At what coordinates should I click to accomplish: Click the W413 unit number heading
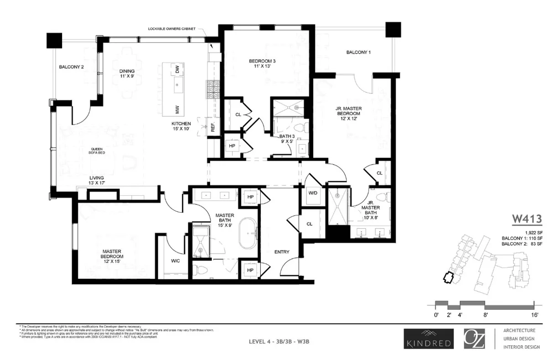(526, 219)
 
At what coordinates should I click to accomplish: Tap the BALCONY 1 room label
(358, 52)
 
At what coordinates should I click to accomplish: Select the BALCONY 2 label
(71, 67)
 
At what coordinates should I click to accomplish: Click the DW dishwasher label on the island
(177, 70)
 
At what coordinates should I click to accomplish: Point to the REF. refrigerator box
(213, 127)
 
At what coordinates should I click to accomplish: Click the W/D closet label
(313, 193)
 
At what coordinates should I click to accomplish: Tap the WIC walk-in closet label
(175, 261)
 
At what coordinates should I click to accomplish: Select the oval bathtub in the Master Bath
(249, 234)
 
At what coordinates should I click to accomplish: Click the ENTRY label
(282, 252)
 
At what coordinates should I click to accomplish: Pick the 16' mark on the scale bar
(534, 315)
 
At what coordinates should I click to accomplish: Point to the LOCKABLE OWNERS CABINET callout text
(172, 29)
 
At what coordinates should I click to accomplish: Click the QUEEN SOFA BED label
(96, 152)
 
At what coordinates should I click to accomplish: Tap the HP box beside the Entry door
(250, 270)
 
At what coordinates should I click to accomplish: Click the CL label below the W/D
(309, 224)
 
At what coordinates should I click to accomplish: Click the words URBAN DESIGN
(519, 339)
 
